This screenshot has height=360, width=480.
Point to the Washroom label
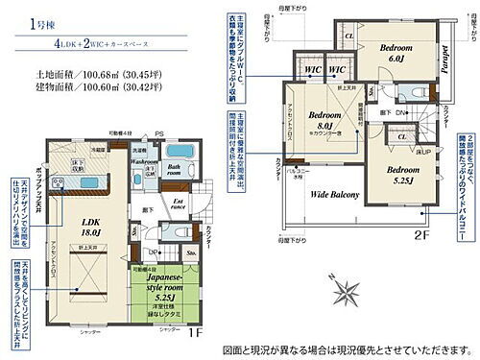pos(144,161)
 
